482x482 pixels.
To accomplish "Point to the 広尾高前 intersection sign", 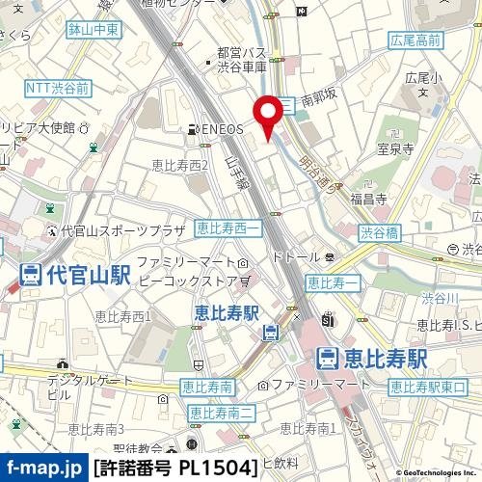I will click(416, 40).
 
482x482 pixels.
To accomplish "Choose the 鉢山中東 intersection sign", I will click(94, 30).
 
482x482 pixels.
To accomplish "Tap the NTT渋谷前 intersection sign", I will click(58, 88).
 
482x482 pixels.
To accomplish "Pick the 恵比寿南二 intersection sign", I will click(222, 413).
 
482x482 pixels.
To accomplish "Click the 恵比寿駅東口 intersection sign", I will click(427, 388).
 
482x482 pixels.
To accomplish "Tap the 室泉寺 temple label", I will click(395, 149).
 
